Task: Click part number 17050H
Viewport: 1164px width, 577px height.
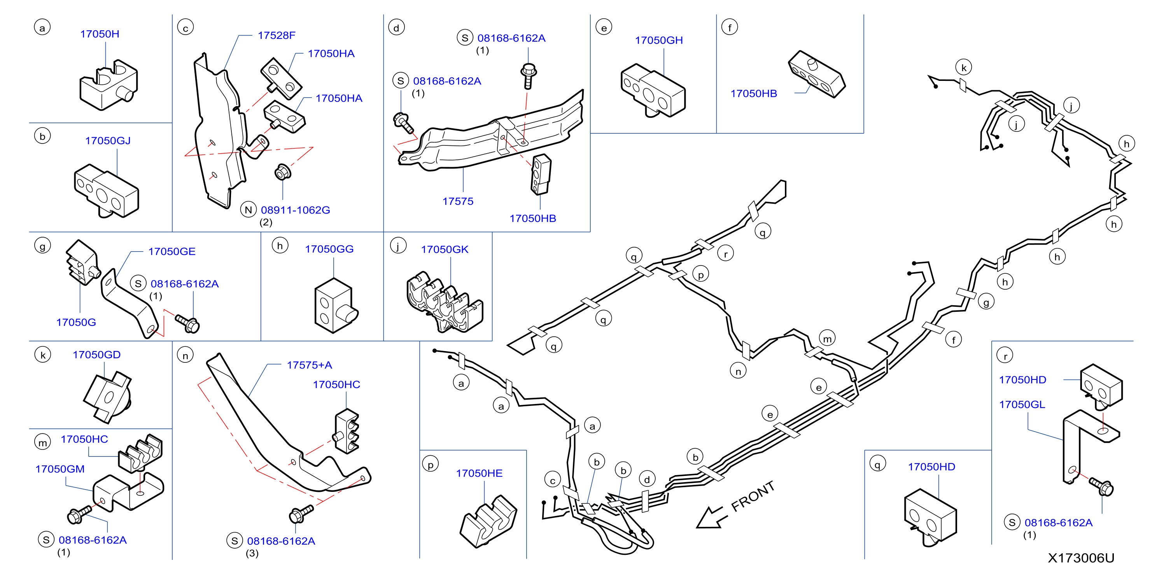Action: point(100,34)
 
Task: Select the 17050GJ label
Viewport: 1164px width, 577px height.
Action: point(108,140)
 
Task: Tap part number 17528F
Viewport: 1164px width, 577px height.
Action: point(276,35)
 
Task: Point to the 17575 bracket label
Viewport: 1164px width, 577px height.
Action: point(458,201)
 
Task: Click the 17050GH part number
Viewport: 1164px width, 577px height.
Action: point(658,40)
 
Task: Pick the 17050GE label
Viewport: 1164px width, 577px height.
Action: point(172,251)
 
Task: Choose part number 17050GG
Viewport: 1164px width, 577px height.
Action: point(329,249)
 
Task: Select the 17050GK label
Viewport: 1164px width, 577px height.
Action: point(445,249)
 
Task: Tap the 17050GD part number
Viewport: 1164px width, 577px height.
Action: point(97,355)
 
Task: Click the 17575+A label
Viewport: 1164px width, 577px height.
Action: point(309,365)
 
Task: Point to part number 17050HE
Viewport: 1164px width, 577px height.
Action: point(479,473)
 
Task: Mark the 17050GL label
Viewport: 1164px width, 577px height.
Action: point(1022,404)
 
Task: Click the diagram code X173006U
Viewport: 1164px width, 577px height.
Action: point(1081,558)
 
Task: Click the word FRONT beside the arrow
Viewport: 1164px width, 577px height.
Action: point(753,496)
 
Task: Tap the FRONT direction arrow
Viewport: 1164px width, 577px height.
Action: point(712,518)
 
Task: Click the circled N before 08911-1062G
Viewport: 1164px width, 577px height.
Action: point(248,210)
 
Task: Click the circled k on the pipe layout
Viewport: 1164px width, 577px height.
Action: point(963,68)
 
